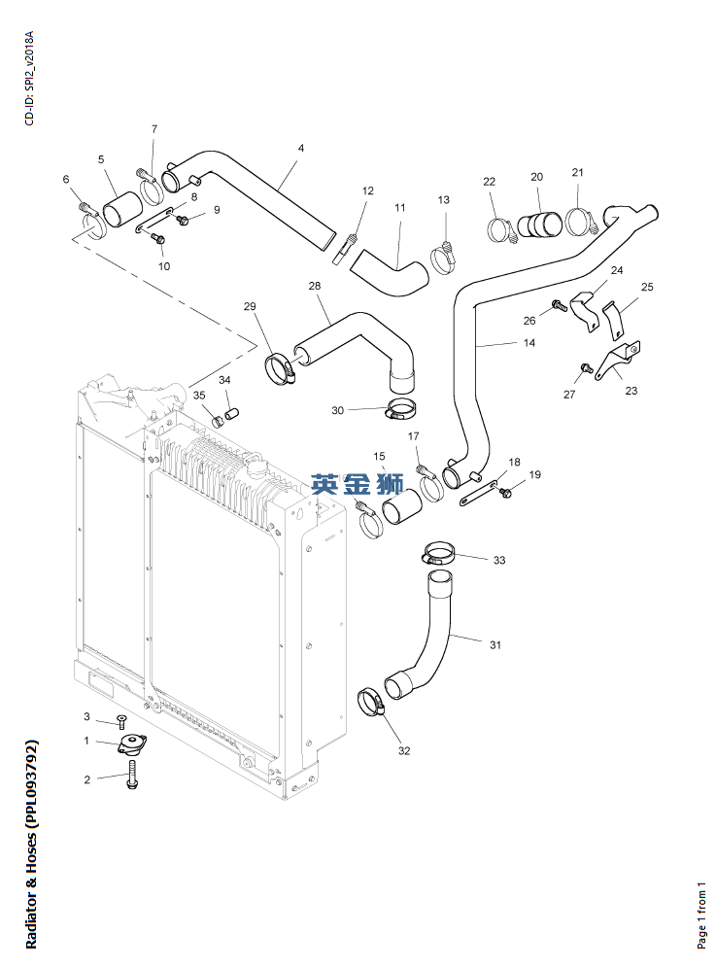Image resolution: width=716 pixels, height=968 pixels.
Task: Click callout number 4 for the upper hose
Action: coord(301,149)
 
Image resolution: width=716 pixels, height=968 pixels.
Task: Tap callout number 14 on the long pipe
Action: coord(528,343)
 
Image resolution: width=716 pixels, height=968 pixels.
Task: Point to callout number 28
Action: coord(314,286)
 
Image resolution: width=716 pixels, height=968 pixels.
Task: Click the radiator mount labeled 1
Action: coord(129,745)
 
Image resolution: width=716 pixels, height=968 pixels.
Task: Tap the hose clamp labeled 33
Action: coord(439,556)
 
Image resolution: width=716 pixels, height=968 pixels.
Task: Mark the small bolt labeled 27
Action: coord(586,367)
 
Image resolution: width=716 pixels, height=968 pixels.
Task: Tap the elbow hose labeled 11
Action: coord(391,271)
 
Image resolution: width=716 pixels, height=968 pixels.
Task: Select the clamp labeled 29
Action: coord(280,367)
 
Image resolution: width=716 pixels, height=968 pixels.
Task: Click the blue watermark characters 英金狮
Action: coord(358,484)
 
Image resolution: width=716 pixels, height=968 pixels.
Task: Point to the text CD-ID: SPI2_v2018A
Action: coord(29,78)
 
